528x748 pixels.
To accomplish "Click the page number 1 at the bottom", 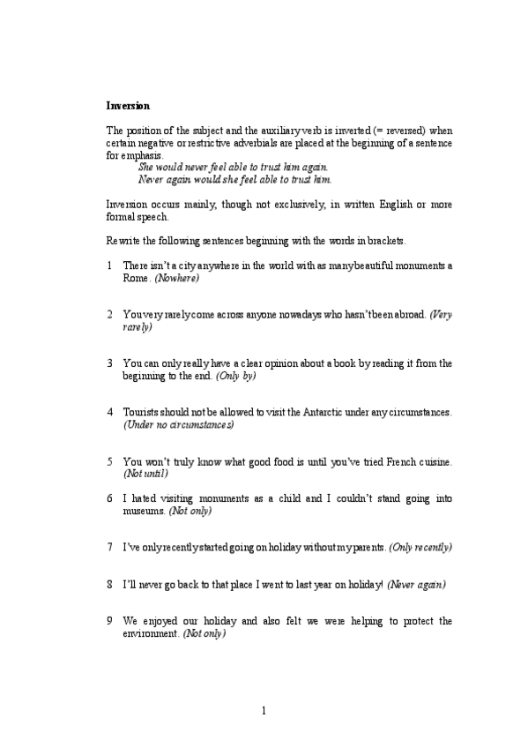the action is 264,710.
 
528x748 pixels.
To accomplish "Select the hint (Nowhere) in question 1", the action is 177,278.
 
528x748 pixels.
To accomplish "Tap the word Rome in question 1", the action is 136,278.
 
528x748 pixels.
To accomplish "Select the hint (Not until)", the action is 145,474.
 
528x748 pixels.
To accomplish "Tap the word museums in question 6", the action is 145,511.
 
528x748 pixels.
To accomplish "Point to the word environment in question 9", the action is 151,633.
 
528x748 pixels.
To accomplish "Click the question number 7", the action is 108,548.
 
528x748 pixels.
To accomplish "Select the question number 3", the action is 109,363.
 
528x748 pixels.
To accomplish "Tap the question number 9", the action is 108,621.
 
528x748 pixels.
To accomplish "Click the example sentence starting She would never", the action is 234,167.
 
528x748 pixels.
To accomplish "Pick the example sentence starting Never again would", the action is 235,179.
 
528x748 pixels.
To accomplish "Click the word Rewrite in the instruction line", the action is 124,241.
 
